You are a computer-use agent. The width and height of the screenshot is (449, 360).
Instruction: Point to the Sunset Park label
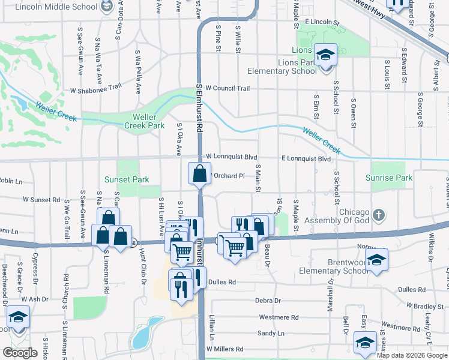click(125, 179)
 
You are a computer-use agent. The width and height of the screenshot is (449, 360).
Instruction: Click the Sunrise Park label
click(389, 178)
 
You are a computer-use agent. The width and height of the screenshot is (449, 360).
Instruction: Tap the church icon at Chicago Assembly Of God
click(378, 214)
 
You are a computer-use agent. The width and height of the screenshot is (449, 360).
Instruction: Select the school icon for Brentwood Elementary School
click(376, 260)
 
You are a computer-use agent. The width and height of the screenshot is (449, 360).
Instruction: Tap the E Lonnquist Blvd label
click(306, 159)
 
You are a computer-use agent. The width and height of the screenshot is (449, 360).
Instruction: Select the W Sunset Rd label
click(42, 199)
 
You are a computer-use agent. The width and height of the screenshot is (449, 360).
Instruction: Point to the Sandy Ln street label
click(271, 333)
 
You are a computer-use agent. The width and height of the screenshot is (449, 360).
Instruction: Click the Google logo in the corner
click(20, 353)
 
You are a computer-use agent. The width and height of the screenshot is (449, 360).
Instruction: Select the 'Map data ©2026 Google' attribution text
click(412, 355)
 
